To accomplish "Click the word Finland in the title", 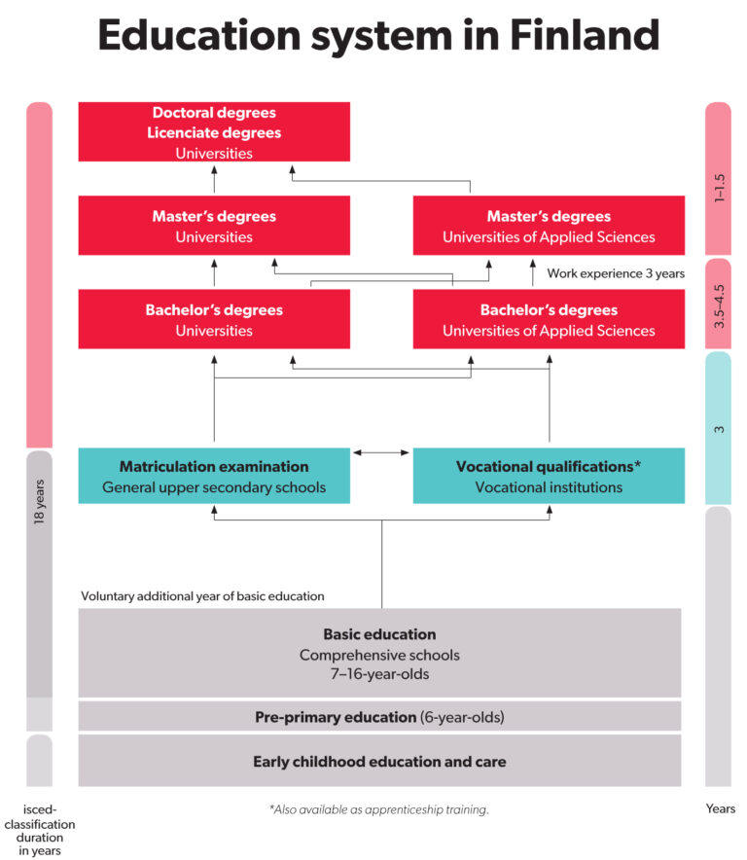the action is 585,35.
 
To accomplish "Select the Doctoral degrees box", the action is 214,131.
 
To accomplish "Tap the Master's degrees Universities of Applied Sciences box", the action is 549,226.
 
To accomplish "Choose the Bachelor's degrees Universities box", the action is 214,319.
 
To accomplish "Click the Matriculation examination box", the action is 214,476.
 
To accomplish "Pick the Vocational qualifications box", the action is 549,476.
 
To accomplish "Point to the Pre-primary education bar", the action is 379,716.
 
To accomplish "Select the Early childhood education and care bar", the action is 379,762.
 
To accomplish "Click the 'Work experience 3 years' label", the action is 616,273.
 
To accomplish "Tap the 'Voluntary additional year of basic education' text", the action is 202,596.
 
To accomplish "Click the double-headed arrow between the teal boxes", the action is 381,452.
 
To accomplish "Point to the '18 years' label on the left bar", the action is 39,502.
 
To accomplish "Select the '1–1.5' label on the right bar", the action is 719,188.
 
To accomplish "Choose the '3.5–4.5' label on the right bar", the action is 719,306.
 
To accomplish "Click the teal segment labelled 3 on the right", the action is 718,428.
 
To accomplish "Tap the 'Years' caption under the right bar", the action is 721,808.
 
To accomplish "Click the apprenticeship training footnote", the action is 379,809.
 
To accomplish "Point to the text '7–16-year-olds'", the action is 379,674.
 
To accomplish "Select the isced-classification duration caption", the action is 40,830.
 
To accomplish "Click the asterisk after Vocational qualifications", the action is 637,464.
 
